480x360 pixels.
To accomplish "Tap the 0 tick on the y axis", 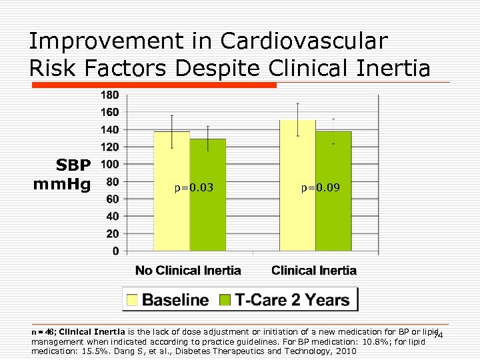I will click(116, 251).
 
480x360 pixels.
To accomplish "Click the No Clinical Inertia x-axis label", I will click(188, 271).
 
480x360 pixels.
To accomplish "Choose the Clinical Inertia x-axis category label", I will click(314, 271).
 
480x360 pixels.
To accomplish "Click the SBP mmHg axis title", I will click(64, 175).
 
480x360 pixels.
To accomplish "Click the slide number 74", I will click(438, 335).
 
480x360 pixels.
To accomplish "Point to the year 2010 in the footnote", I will click(345, 351).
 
